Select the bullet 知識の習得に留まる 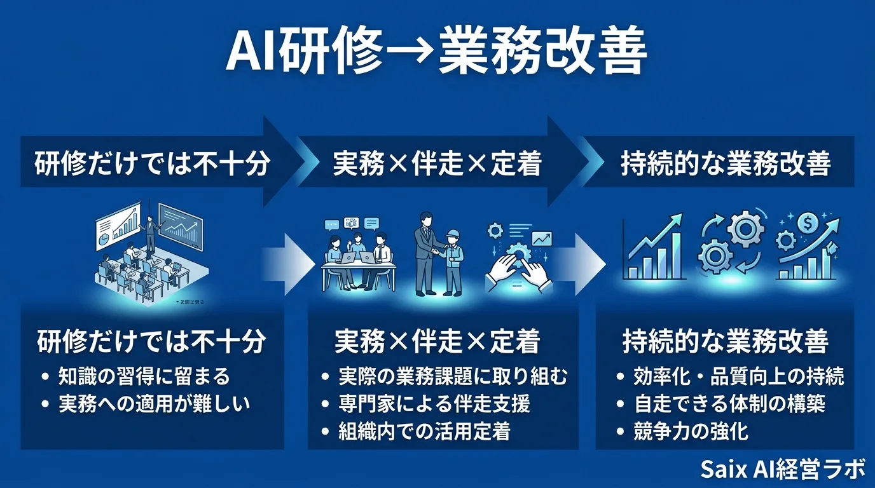(x=144, y=376)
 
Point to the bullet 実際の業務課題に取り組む (x=452, y=376)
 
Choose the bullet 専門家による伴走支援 (x=434, y=403)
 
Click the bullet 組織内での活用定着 (x=424, y=431)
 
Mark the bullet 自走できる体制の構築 (x=729, y=403)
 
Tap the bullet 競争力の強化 (x=691, y=431)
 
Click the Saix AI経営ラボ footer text (x=783, y=470)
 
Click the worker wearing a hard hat (x=453, y=257)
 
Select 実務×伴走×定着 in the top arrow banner (x=437, y=164)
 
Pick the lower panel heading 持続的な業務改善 (x=726, y=342)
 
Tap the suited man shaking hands (x=424, y=251)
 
